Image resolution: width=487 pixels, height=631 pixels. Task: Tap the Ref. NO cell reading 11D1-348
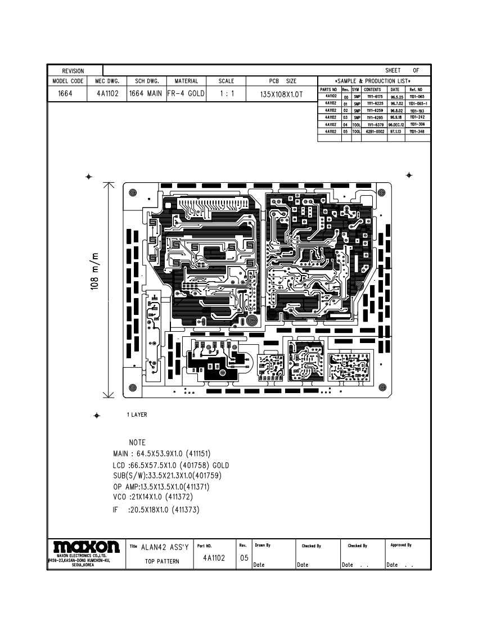[x=417, y=131]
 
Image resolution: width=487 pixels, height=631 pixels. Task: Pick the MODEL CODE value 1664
[x=66, y=93]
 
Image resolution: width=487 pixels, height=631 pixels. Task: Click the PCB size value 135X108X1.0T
[x=282, y=94]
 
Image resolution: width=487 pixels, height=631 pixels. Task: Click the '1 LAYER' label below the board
[x=137, y=415]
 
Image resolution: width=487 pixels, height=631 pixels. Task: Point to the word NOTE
[x=137, y=443]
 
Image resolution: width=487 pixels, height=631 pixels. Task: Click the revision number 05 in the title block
[x=243, y=558]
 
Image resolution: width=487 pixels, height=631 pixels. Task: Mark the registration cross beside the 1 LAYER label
[x=97, y=416]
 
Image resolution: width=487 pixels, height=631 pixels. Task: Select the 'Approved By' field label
[x=401, y=545]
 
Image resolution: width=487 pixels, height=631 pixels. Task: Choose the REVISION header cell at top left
[x=73, y=71]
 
